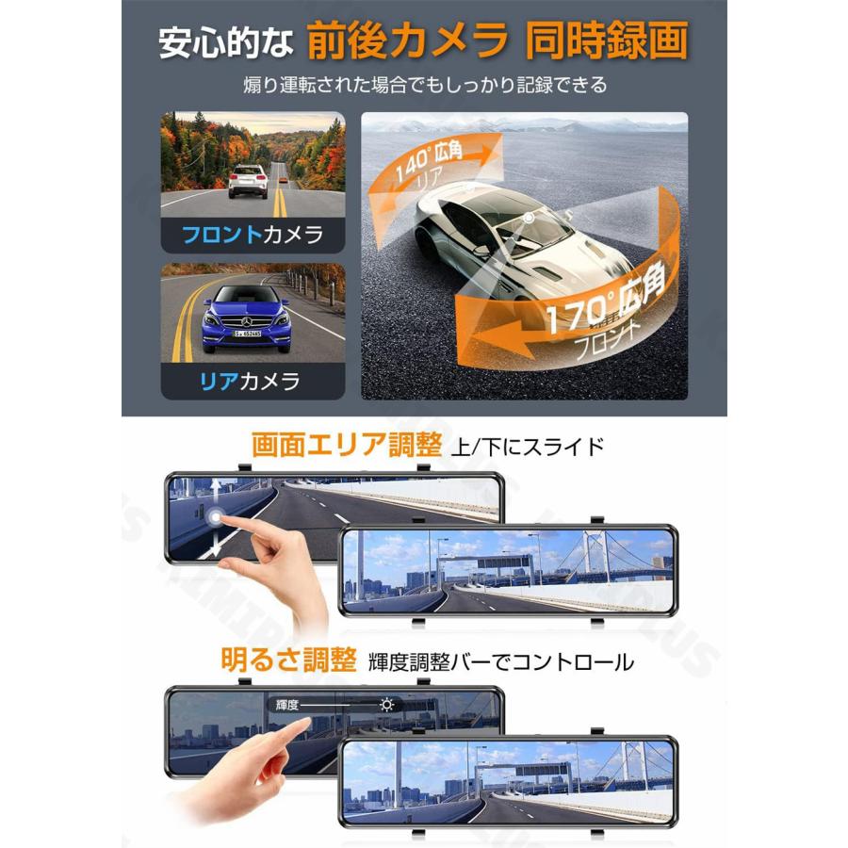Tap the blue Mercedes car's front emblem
(x=246, y=321)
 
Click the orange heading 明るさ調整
(x=289, y=659)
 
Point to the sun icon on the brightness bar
(x=386, y=704)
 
